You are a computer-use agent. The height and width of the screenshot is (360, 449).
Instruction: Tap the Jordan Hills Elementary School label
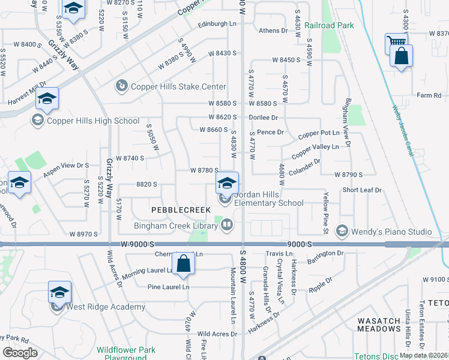click(269, 199)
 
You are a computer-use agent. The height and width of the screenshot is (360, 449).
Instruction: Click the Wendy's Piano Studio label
click(391, 232)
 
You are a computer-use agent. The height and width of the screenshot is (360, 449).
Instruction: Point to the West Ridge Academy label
click(106, 307)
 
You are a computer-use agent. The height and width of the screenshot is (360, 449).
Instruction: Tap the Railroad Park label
click(329, 25)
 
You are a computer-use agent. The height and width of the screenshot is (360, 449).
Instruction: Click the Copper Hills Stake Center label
click(171, 86)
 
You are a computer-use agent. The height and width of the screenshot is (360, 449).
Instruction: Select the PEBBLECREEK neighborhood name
click(181, 210)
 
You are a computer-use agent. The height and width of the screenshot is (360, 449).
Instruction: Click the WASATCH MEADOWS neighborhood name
click(379, 325)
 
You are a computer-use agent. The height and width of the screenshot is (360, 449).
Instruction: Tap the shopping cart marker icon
click(396, 42)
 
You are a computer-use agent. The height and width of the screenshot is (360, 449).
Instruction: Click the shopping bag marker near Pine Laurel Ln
click(182, 264)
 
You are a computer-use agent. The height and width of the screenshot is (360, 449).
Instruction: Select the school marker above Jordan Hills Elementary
click(227, 182)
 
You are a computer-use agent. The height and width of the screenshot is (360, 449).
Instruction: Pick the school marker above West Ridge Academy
click(59, 292)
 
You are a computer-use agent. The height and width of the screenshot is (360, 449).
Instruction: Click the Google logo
click(20, 353)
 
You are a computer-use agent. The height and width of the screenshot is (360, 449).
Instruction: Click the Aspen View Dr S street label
click(66, 166)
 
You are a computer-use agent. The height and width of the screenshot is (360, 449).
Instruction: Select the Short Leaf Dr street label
click(362, 190)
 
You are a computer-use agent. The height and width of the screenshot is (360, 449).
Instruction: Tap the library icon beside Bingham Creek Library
click(227, 225)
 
